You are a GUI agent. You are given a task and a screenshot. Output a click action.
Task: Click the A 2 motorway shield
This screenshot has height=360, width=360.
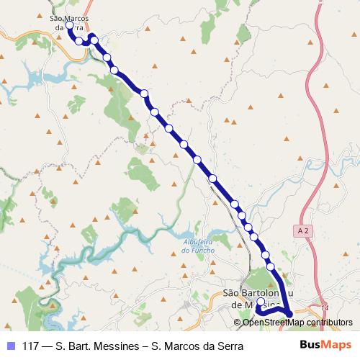click(x=305, y=229)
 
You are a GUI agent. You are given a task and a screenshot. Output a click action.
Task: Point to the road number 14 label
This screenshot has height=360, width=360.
click(x=326, y=307)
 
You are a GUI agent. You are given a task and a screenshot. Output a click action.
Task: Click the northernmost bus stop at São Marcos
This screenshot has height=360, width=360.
click(x=69, y=25)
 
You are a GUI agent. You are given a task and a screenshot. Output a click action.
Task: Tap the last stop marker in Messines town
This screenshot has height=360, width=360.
click(x=261, y=302)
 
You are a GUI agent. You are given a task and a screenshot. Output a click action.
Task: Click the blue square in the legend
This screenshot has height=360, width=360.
click(x=9, y=346)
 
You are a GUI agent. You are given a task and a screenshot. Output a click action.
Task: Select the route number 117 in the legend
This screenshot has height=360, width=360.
click(x=32, y=346)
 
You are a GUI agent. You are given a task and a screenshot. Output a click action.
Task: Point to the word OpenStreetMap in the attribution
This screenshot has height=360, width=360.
click(x=269, y=322)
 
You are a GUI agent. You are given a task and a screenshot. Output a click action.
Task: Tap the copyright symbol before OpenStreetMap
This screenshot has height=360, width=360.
click(x=238, y=322)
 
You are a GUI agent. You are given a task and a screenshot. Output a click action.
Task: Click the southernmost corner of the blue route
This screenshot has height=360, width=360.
click(x=289, y=315)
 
